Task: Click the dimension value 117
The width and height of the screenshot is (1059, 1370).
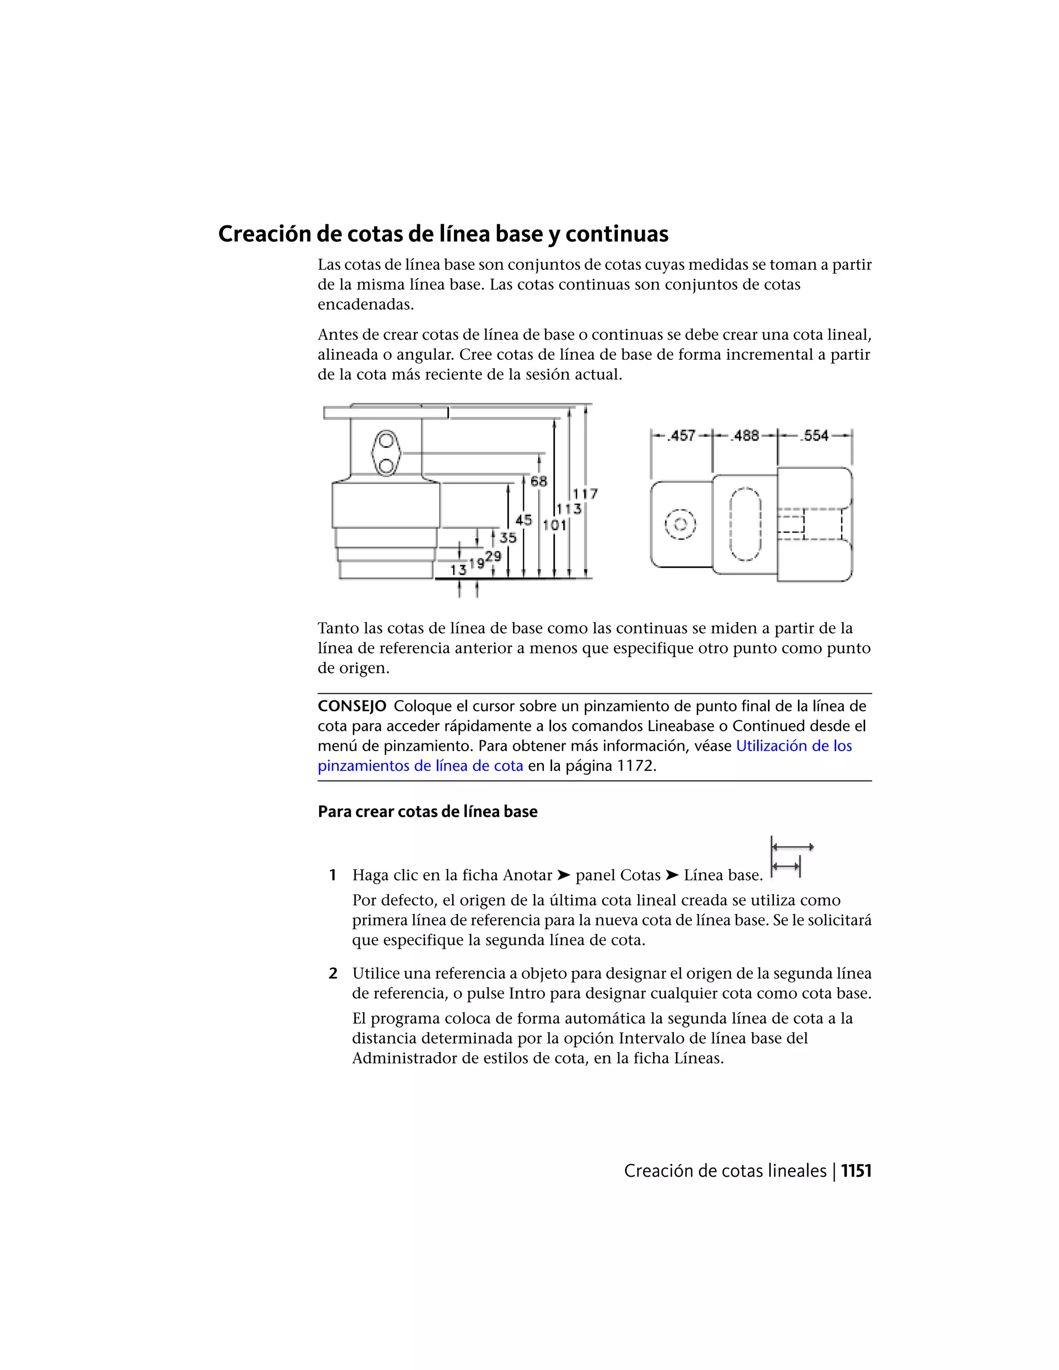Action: pyautogui.click(x=585, y=494)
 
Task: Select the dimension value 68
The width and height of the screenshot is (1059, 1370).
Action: pyautogui.click(x=538, y=481)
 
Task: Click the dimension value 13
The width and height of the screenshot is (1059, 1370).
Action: pyautogui.click(x=458, y=570)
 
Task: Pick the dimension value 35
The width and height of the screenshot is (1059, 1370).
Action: pyautogui.click(x=508, y=538)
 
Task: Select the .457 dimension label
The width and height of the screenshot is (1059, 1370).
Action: pyautogui.click(x=682, y=435)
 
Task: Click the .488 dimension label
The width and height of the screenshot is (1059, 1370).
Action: pyautogui.click(x=745, y=435)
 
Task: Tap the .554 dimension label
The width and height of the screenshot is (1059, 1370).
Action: pyautogui.click(x=814, y=435)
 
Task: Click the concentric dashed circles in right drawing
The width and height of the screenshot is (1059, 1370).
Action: pyautogui.click(x=680, y=524)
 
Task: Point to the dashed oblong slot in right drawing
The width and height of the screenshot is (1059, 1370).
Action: pyautogui.click(x=745, y=524)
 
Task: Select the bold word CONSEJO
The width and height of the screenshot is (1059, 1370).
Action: pyautogui.click(x=351, y=706)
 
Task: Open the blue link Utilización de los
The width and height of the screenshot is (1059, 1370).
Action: pyautogui.click(x=794, y=746)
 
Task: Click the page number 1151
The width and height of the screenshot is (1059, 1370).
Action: pyautogui.click(x=856, y=1170)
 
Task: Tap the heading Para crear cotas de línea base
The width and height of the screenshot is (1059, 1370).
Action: pyautogui.click(x=427, y=812)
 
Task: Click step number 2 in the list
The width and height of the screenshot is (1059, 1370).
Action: pyautogui.click(x=333, y=973)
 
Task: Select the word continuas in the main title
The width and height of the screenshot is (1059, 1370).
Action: pyautogui.click(x=617, y=234)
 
